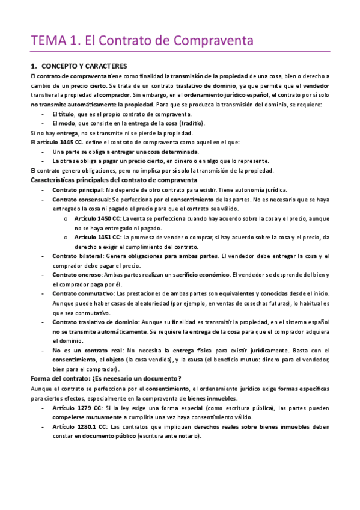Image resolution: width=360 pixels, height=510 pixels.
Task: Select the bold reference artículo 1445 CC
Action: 56,142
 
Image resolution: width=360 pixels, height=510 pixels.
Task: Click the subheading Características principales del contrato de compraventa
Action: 114,180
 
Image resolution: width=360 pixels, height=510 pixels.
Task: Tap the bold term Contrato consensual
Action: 81,199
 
